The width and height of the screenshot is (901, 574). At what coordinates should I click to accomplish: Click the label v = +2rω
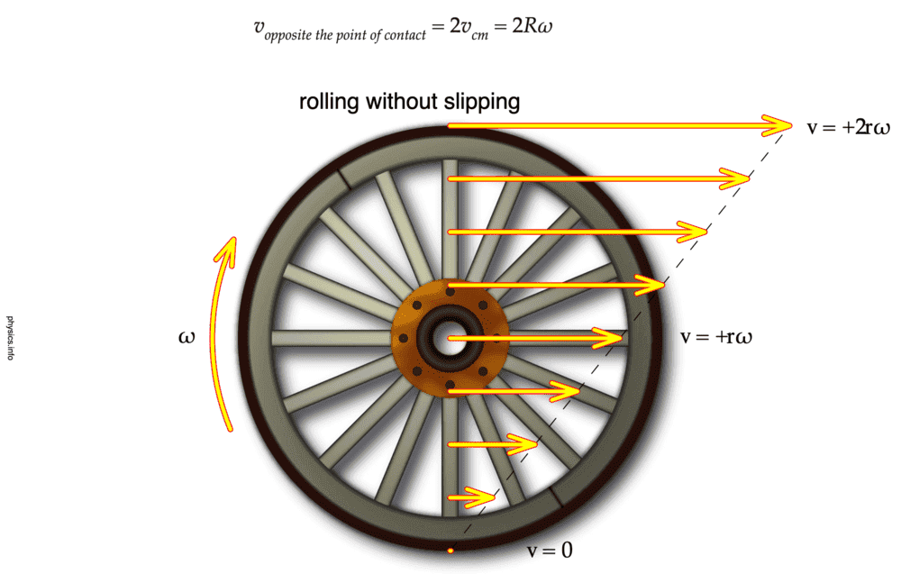click(x=848, y=127)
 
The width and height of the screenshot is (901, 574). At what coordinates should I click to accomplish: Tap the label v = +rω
click(x=716, y=338)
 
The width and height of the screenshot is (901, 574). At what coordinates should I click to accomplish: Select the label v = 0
click(x=550, y=550)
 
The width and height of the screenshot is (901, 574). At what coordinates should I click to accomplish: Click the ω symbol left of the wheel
click(x=187, y=338)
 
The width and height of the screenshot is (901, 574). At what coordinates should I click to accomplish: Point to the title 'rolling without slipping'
click(x=410, y=102)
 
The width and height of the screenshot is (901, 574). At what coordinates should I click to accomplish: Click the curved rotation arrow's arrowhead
click(x=232, y=251)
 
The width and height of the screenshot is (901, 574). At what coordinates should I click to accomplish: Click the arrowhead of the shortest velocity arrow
click(x=487, y=497)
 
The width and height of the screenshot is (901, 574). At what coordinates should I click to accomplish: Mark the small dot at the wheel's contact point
click(x=449, y=549)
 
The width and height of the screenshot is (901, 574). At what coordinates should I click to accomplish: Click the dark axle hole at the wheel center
click(x=448, y=338)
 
